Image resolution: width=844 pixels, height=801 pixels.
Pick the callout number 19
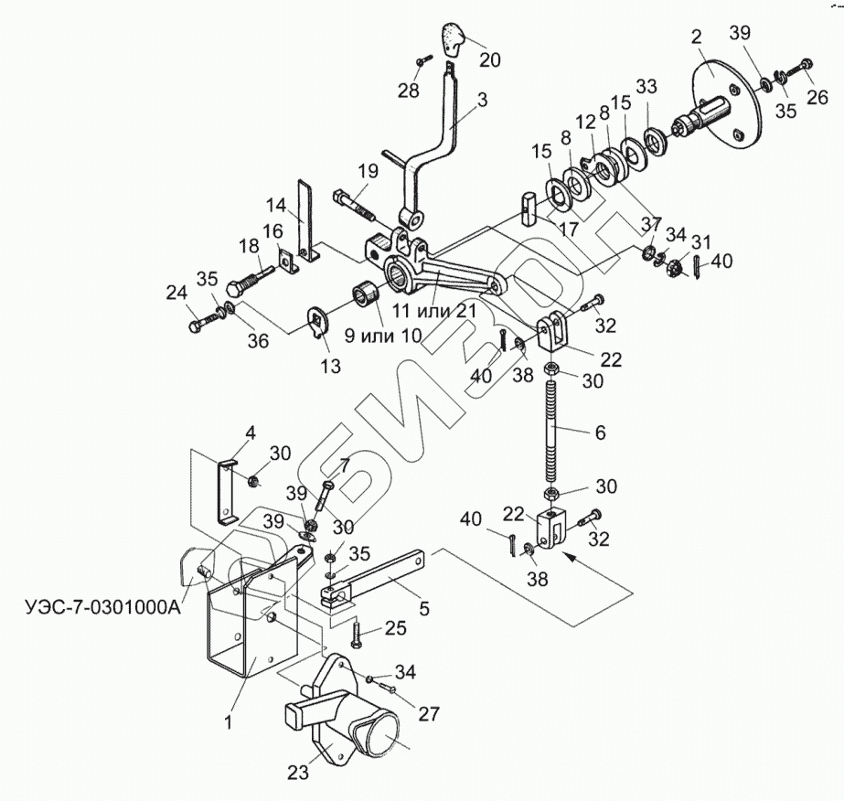coord(368,171)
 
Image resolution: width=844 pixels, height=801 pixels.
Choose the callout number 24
coord(176,294)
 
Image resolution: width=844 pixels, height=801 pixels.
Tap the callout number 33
coord(646,88)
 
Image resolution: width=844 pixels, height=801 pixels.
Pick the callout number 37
coord(650,224)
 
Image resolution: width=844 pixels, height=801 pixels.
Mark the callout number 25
coord(394,627)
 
